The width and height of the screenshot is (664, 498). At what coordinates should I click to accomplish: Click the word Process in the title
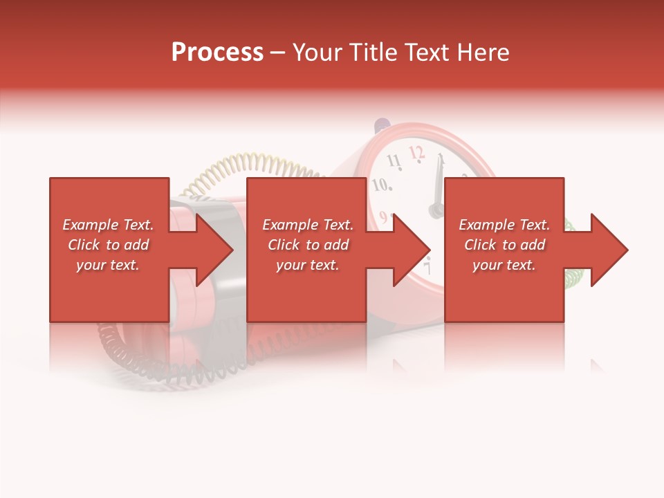(x=217, y=53)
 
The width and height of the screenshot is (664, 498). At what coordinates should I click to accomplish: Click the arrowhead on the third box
(x=608, y=250)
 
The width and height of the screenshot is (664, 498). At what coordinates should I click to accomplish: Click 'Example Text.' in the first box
(x=109, y=225)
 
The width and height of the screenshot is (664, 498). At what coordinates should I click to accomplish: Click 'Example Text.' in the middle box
(x=308, y=225)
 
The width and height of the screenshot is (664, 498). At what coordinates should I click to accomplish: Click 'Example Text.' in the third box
(x=504, y=225)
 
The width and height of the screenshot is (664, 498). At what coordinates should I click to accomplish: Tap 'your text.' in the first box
(x=109, y=265)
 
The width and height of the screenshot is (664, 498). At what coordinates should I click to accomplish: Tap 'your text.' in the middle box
(x=308, y=265)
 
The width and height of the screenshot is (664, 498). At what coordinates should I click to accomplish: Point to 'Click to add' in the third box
(x=504, y=245)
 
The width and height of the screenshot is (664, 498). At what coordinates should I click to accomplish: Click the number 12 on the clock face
(x=416, y=151)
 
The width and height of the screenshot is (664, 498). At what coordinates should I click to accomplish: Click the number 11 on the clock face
(x=394, y=162)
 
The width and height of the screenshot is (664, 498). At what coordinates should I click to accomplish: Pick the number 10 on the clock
(x=382, y=185)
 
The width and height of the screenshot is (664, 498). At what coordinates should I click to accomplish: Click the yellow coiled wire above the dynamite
(x=249, y=167)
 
